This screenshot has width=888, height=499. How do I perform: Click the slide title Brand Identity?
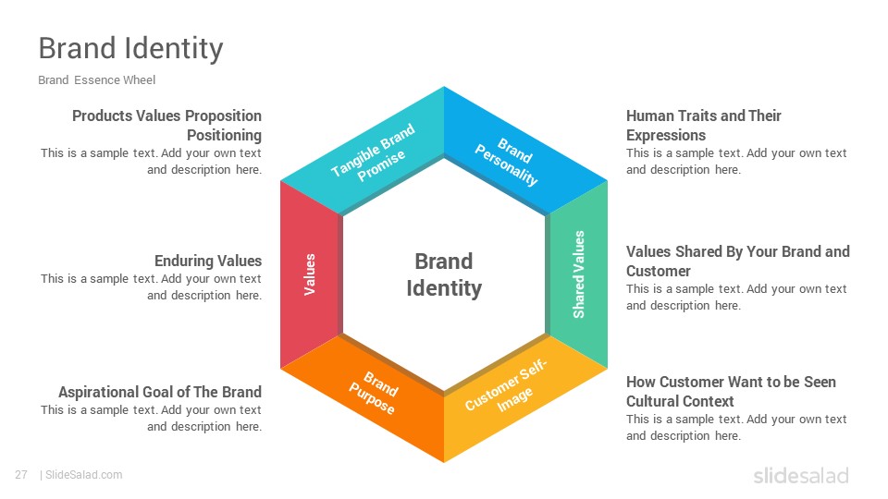[x=130, y=48]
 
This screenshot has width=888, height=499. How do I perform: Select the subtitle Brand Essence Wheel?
[x=97, y=80]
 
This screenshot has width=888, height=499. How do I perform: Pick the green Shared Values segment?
[x=578, y=274]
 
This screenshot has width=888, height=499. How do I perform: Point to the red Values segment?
[x=310, y=274]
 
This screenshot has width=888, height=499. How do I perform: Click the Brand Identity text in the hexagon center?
[x=444, y=274]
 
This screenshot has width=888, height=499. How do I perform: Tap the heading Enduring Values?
[x=208, y=261]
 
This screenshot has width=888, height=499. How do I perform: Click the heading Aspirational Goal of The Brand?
[x=160, y=392]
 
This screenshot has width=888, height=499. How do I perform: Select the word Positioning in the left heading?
[x=224, y=135]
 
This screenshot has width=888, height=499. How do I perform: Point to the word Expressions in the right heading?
[x=666, y=135]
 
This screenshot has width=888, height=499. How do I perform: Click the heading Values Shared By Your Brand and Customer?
[x=738, y=262]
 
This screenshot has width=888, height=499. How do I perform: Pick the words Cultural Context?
[x=680, y=401]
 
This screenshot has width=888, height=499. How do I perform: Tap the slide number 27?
[x=21, y=475]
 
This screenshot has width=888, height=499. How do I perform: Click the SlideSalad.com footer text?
[x=83, y=475]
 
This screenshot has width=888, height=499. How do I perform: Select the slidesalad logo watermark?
[x=801, y=476]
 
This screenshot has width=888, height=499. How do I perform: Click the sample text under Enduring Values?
[x=151, y=286]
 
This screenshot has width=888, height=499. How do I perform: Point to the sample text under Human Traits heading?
[x=736, y=161]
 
